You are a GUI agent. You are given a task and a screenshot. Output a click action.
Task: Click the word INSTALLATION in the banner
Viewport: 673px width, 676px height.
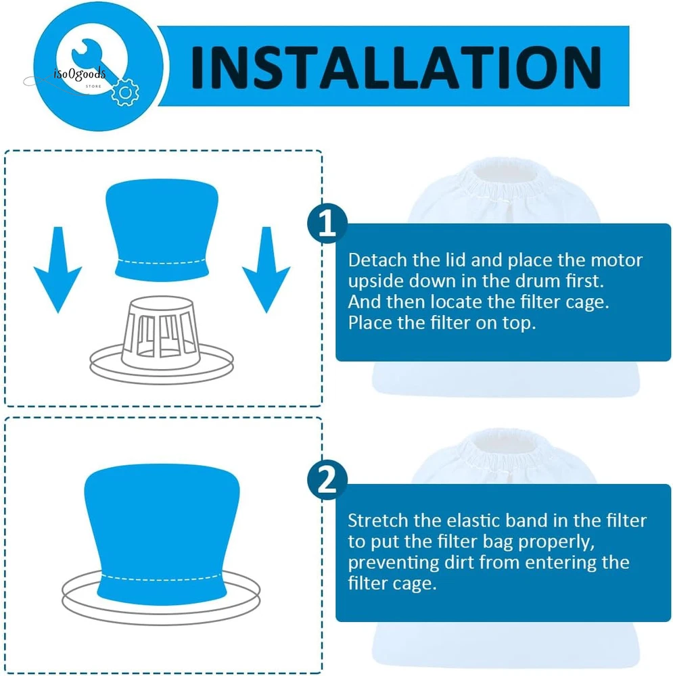pos(396,67)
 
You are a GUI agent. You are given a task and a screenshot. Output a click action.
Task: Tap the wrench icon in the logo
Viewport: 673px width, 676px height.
pos(93,59)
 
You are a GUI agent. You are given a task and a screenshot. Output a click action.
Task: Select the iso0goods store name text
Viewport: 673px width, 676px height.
pos(79,74)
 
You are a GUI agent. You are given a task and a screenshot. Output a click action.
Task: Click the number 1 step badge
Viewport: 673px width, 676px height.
pos(327,223)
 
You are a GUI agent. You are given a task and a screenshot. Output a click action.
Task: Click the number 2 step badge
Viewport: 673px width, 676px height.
pos(327,480)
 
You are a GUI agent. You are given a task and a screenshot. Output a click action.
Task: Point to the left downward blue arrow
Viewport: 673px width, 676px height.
pos(57,270)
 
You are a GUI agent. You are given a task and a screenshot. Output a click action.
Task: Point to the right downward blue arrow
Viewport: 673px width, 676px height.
pos(266,270)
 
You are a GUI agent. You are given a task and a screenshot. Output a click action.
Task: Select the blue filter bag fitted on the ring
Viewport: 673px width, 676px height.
pos(162,535)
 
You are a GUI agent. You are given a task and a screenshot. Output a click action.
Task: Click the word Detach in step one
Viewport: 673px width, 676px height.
pos(377,260)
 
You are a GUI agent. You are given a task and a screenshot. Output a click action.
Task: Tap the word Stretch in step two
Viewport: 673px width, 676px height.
pos(378,521)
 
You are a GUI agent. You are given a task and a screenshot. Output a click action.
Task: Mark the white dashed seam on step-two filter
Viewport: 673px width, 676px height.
pos(162,578)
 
